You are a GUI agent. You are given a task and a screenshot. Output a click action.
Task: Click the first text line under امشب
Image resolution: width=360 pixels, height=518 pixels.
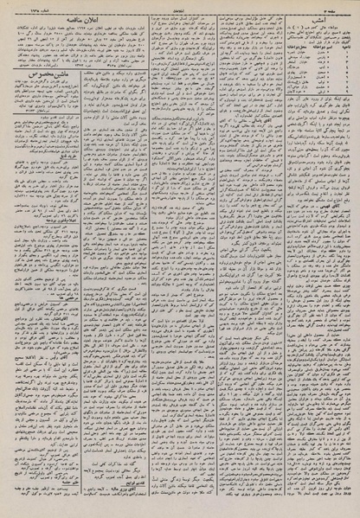pos(315,28)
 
